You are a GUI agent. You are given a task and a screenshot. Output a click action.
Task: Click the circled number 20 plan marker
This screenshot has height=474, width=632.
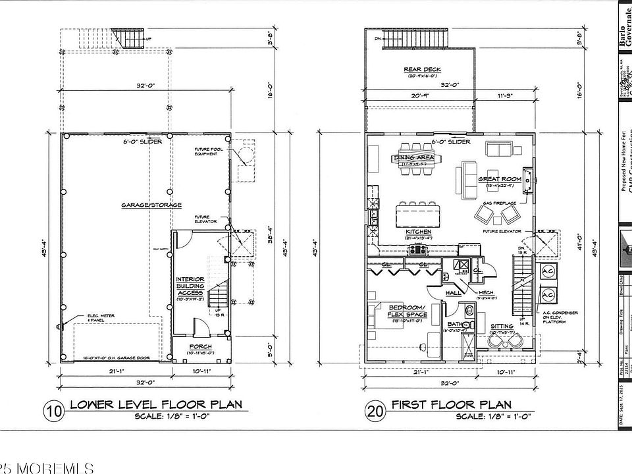click(x=375, y=411)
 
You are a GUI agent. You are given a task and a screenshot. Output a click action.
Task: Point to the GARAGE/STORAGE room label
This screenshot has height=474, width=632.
click(x=151, y=205)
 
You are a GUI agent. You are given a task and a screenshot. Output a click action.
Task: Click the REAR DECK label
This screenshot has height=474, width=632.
click(x=422, y=69)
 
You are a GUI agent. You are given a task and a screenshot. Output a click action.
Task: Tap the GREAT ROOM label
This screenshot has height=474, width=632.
click(x=500, y=179)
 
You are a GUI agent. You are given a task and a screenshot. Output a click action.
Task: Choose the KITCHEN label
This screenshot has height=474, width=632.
click(x=419, y=232)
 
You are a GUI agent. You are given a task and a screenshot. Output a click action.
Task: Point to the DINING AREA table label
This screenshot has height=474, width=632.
click(x=412, y=158)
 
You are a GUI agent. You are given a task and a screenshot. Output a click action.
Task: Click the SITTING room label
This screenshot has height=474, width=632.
click(x=502, y=327)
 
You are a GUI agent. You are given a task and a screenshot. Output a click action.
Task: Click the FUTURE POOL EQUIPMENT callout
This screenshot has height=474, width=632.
click(x=208, y=153)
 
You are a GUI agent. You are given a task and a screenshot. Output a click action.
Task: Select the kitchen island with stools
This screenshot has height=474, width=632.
click(x=419, y=215)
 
